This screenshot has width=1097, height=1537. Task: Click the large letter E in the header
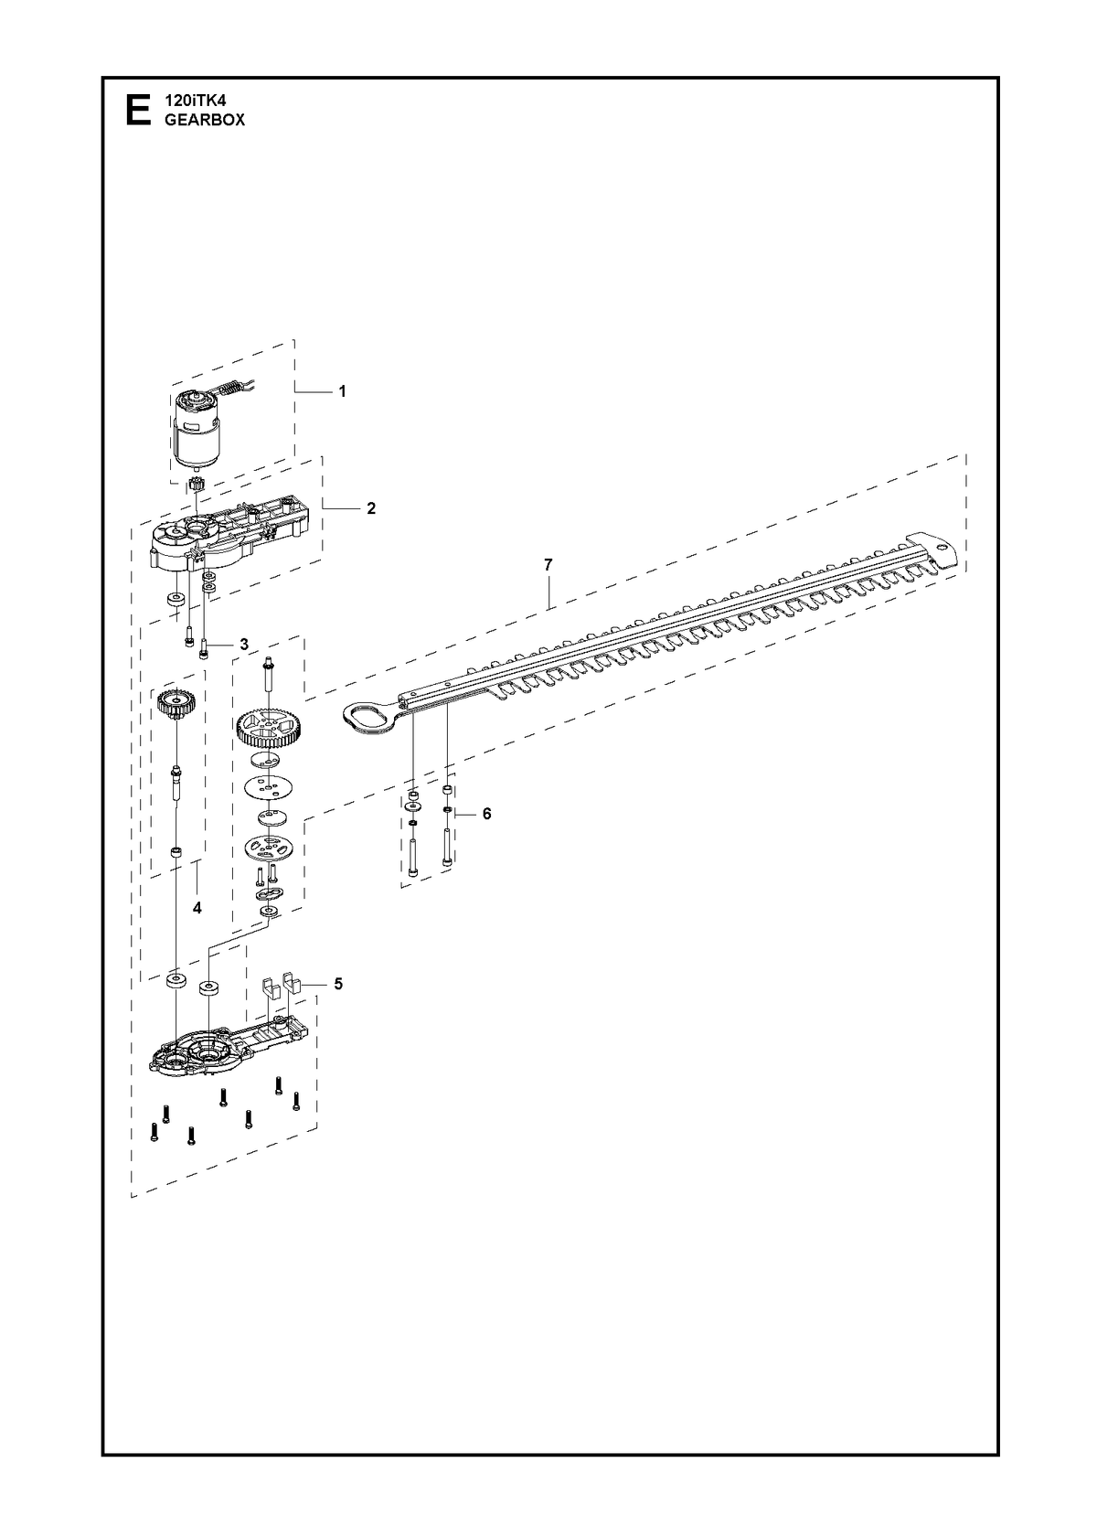(138, 111)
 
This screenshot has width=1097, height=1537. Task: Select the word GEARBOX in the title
(205, 120)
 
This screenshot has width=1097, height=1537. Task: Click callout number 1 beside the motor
(342, 391)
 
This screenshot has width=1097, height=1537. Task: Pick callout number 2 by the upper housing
(371, 508)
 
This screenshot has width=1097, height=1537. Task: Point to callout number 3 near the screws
(243, 644)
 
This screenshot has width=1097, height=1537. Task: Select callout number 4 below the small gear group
(197, 908)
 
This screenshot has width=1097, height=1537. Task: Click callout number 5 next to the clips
(338, 983)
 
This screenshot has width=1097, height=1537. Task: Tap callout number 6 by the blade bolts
(486, 814)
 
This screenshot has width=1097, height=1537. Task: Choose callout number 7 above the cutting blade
(548, 565)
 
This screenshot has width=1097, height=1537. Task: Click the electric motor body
(197, 432)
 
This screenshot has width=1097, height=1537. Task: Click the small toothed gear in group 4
(177, 702)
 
